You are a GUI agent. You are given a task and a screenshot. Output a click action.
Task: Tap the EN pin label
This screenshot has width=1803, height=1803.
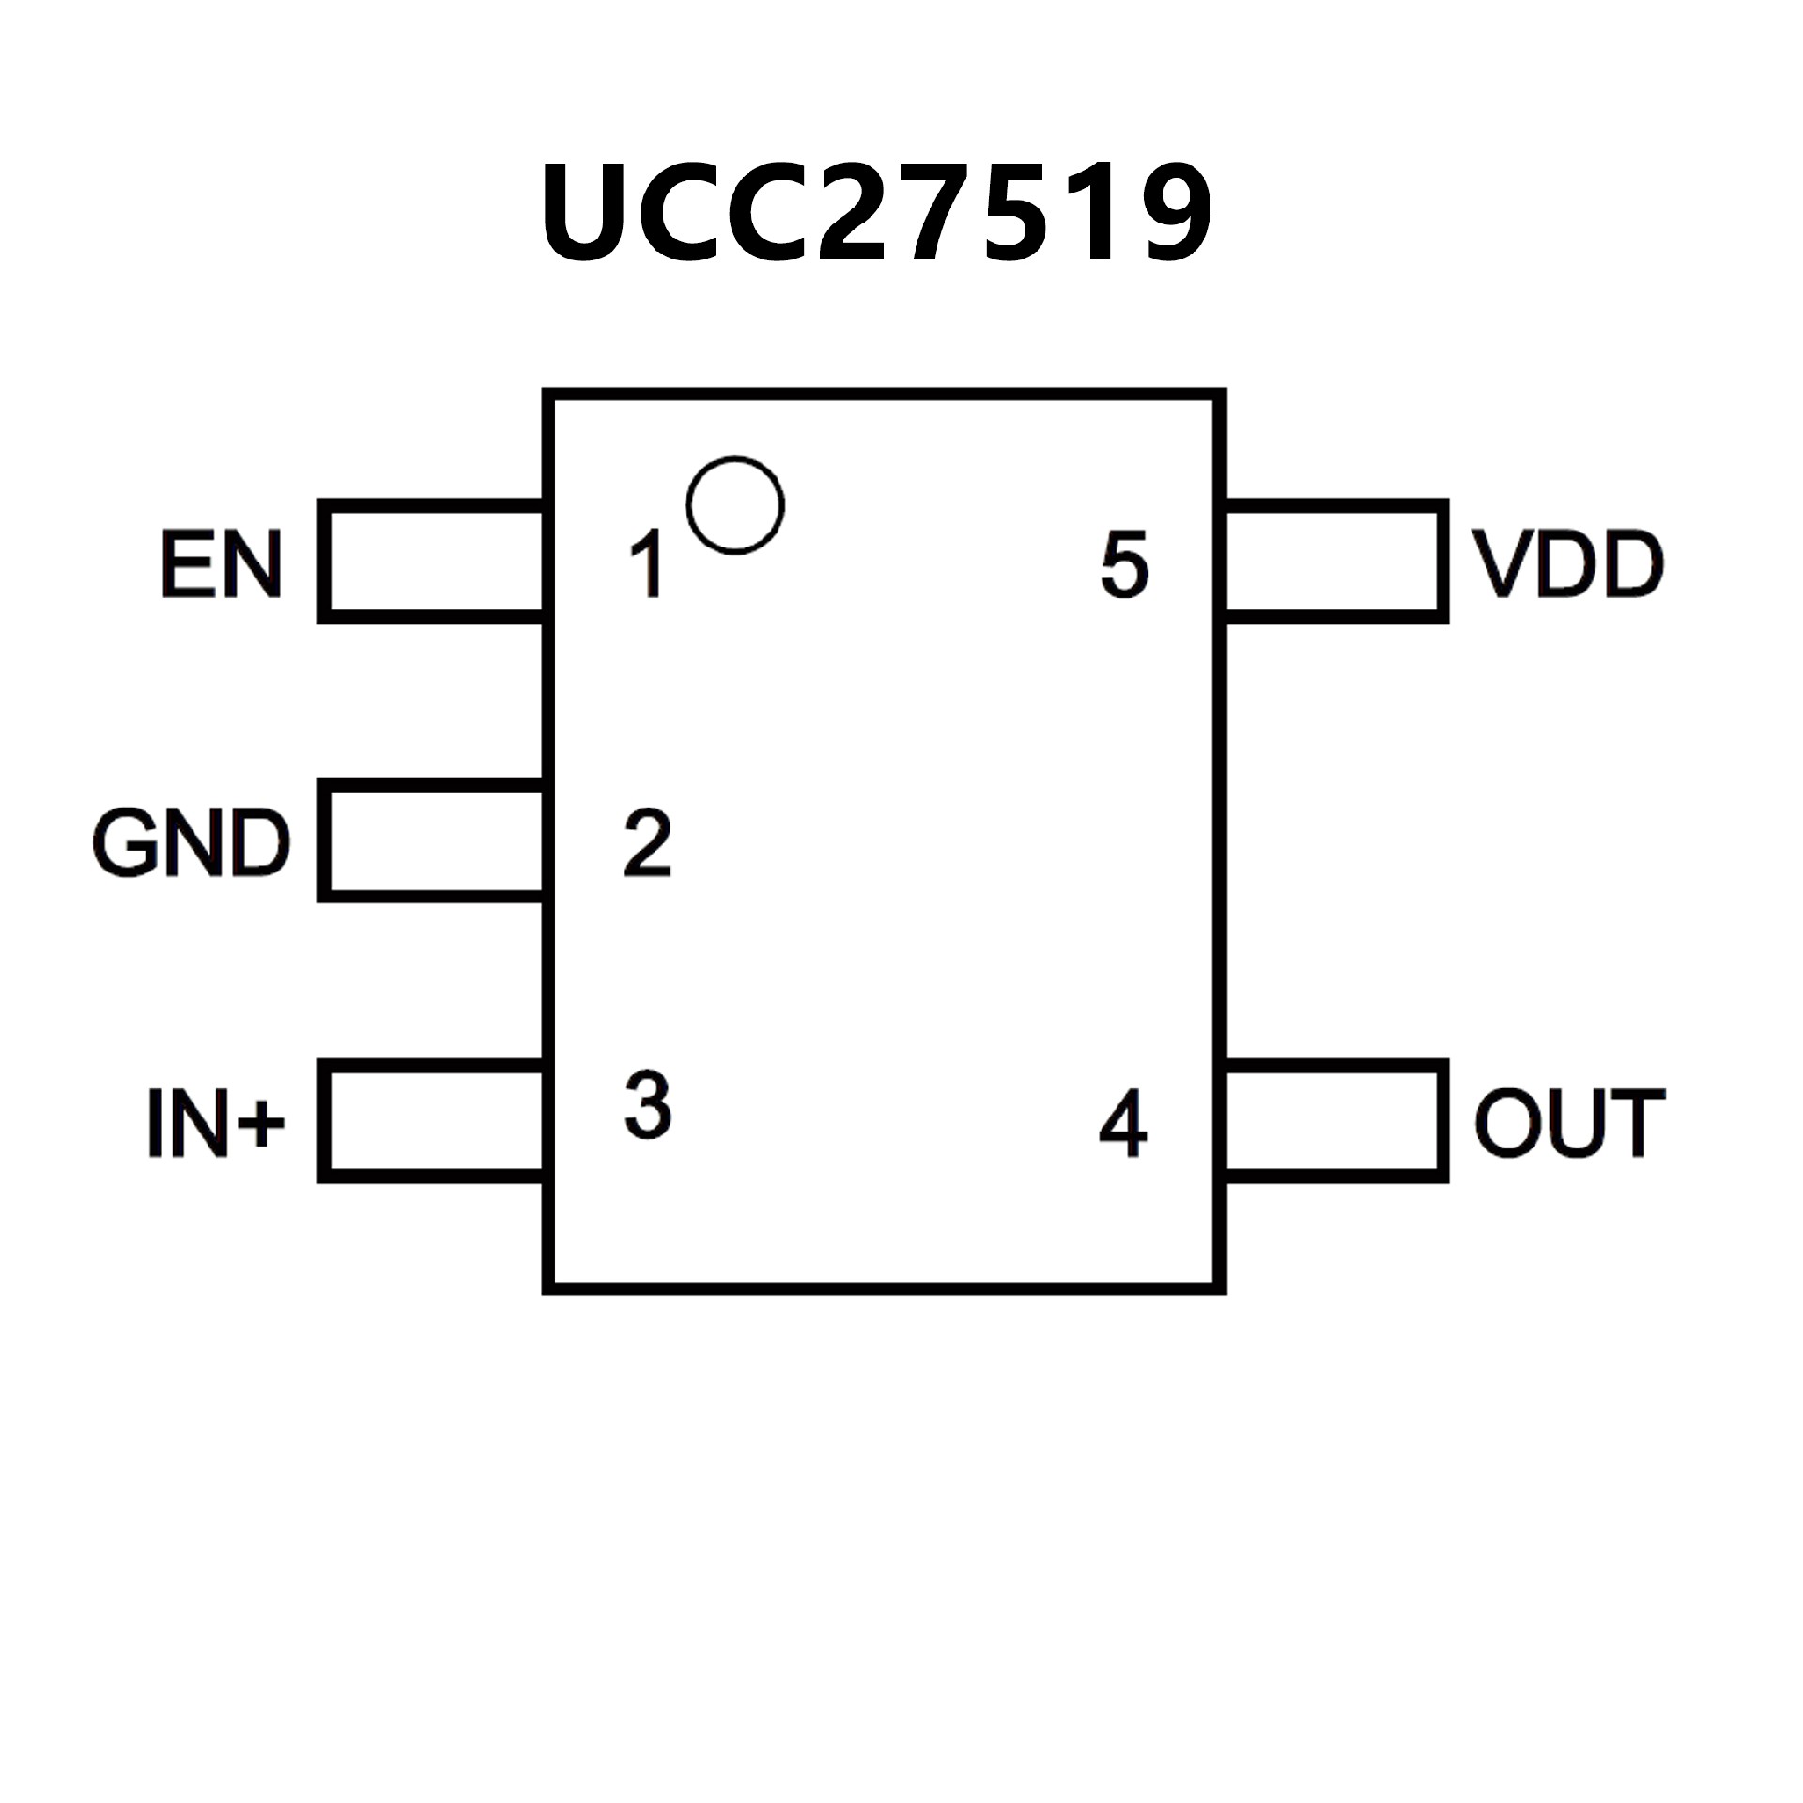(222, 563)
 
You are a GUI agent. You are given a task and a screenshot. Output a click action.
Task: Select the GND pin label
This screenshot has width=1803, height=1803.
(192, 842)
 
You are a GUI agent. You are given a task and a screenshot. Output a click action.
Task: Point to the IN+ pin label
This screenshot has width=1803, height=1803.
(215, 1121)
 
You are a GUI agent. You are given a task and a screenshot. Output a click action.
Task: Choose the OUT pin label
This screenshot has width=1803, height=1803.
(1570, 1121)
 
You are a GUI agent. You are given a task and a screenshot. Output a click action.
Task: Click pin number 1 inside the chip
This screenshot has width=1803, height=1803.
(648, 564)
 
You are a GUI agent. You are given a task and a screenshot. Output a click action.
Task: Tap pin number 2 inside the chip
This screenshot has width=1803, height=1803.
(648, 842)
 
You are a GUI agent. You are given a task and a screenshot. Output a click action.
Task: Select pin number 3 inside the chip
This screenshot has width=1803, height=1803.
(648, 1105)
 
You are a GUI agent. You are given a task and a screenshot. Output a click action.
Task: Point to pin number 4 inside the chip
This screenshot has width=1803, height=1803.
(1123, 1122)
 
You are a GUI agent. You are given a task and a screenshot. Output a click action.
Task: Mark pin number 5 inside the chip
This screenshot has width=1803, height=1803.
(1124, 564)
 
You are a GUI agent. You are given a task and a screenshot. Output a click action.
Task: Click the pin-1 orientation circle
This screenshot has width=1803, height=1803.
(735, 505)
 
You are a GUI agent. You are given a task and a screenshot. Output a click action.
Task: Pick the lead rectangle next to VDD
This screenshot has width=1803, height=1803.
(1333, 562)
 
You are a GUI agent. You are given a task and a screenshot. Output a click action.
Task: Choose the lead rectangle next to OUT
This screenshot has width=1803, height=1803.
(1333, 1120)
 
